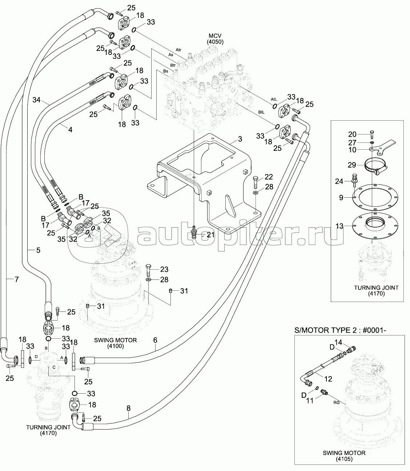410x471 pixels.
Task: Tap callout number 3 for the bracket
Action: pyautogui.click(x=240, y=139)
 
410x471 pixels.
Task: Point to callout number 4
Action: pyautogui.click(x=70, y=129)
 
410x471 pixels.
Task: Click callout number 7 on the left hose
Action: pyautogui.click(x=38, y=250)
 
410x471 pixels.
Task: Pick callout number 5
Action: pyautogui.click(x=155, y=340)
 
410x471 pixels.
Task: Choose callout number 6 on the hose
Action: pyautogui.click(x=16, y=279)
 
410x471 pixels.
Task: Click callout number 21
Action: pyautogui.click(x=210, y=235)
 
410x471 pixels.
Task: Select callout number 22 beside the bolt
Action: pyautogui.click(x=269, y=177)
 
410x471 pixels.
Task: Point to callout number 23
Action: pyautogui.click(x=164, y=270)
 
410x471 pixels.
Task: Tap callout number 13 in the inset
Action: pyautogui.click(x=339, y=226)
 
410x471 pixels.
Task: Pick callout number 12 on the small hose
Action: pyautogui.click(x=328, y=379)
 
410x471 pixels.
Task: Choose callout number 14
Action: pyautogui.click(x=338, y=342)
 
